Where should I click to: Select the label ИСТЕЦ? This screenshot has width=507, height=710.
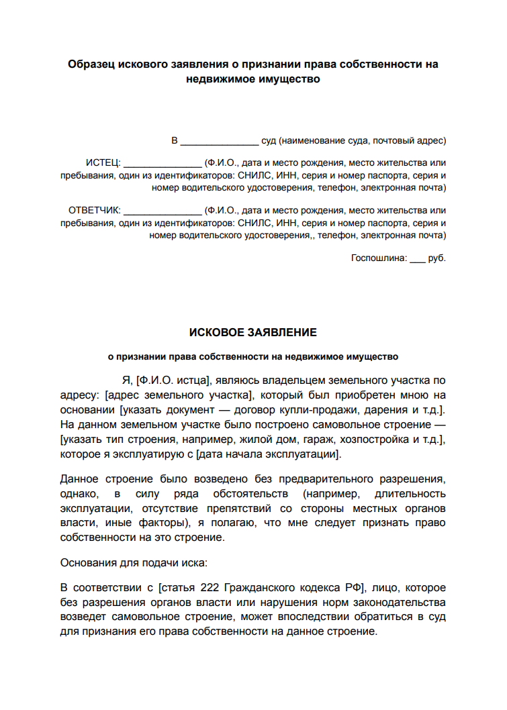coord(103,162)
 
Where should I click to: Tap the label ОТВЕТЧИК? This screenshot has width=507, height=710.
coord(94,210)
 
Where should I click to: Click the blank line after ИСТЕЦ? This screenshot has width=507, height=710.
coord(163,164)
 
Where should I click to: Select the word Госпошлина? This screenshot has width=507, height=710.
coord(379,258)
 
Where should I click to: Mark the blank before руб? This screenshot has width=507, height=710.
coord(417,260)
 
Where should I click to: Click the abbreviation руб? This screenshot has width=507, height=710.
coord(437,258)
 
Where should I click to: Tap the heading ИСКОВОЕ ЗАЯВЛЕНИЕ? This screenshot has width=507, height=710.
coord(253,333)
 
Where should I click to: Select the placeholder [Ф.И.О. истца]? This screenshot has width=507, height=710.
coord(175,381)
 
